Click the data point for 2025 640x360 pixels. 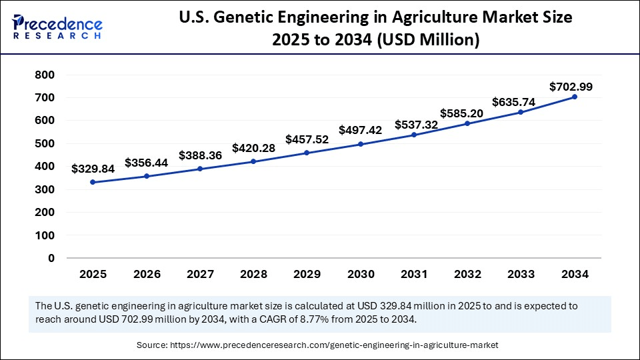93,182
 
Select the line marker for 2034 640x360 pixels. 575,97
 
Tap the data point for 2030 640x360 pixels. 361,144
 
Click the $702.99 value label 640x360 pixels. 571,87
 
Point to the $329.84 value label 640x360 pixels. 93,169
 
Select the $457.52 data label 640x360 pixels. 307,140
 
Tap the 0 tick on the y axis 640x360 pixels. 51,258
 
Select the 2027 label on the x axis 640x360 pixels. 200,274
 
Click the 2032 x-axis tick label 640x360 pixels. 467,274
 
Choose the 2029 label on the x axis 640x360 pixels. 307,274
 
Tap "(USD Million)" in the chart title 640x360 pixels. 429,40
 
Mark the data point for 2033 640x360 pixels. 521,112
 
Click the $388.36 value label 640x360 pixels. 200,155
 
